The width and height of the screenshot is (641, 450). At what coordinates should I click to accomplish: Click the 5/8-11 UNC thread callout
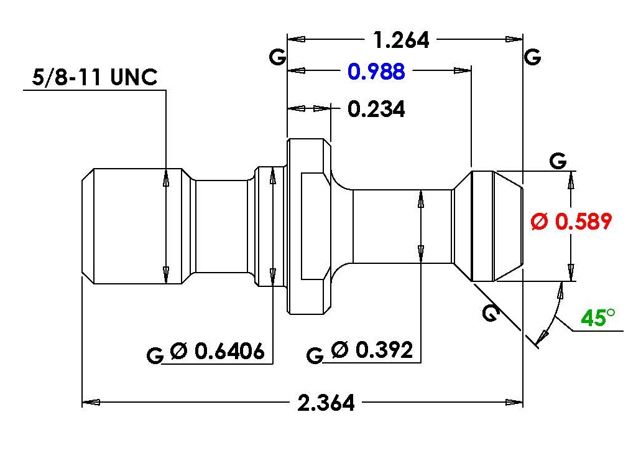pyautogui.click(x=95, y=77)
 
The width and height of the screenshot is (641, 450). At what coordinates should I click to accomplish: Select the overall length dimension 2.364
pyautogui.click(x=326, y=403)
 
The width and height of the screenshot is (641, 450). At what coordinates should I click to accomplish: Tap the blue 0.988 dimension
pyautogui.click(x=376, y=71)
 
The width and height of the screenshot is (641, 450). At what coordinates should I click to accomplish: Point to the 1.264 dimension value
pyautogui.click(x=401, y=40)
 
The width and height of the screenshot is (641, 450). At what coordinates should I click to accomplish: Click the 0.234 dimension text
pyautogui.click(x=376, y=109)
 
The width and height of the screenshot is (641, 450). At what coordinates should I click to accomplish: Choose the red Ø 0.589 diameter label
pyautogui.click(x=571, y=222)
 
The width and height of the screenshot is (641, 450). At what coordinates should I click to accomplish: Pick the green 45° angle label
pyautogui.click(x=597, y=317)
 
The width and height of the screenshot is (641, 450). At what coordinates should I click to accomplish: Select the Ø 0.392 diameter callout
pyautogui.click(x=372, y=350)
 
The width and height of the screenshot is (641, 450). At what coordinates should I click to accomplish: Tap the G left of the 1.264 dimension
pyautogui.click(x=277, y=57)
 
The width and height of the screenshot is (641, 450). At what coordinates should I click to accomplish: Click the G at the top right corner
pyautogui.click(x=532, y=57)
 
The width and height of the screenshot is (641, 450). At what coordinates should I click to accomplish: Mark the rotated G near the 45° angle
pyautogui.click(x=491, y=313)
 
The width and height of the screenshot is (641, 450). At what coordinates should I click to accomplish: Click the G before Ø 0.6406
pyautogui.click(x=155, y=355)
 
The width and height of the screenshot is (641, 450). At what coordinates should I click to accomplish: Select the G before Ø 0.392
pyautogui.click(x=315, y=355)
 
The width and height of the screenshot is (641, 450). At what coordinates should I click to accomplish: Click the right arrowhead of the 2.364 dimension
pyautogui.click(x=514, y=403)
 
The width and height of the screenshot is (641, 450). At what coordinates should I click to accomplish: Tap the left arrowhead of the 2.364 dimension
pyautogui.click(x=91, y=403)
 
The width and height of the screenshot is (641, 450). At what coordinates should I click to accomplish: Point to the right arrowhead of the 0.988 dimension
pyautogui.click(x=463, y=70)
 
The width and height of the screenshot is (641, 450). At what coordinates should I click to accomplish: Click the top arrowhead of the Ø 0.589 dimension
pyautogui.click(x=571, y=180)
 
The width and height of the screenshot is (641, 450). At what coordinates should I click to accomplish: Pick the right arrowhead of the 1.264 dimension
pyautogui.click(x=514, y=39)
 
